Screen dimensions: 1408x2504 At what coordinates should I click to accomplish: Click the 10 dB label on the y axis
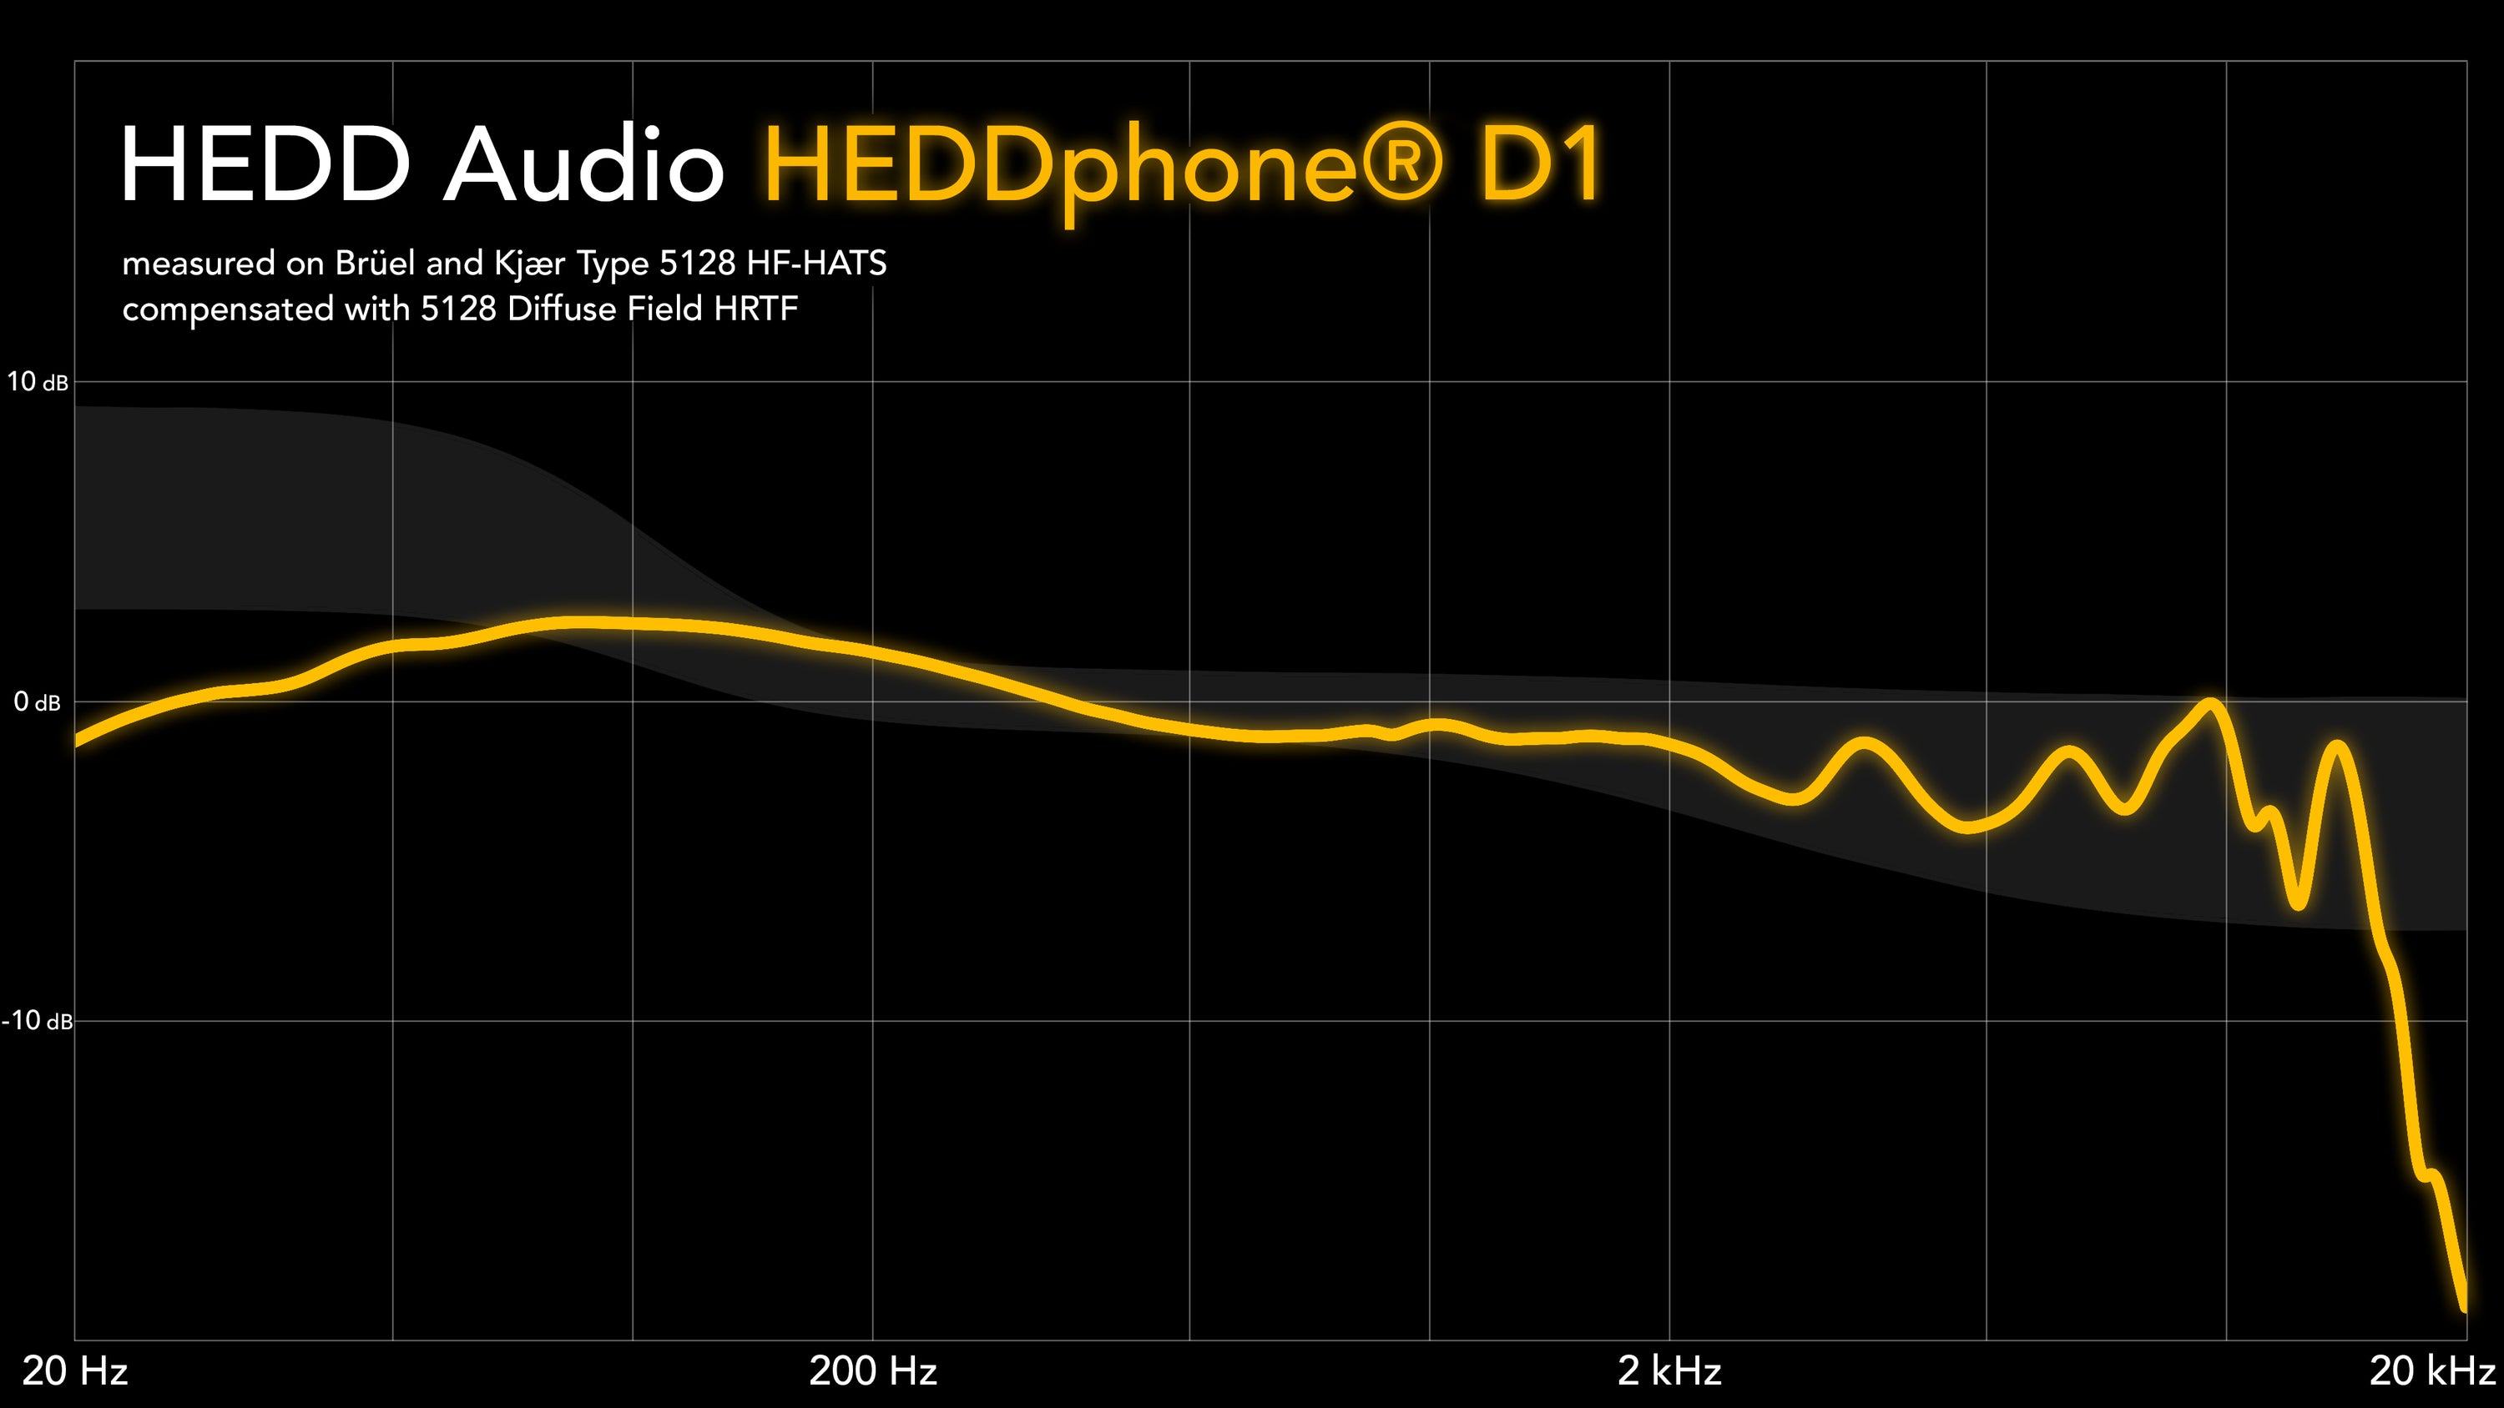(37, 382)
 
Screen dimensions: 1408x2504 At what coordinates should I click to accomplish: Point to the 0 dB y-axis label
(37, 701)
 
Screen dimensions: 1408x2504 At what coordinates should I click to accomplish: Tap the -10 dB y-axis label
(37, 1020)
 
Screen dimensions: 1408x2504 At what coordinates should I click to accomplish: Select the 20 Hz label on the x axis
(75, 1371)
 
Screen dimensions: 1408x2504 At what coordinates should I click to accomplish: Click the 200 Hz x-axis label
(872, 1371)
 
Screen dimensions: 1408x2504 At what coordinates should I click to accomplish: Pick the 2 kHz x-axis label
(1669, 1371)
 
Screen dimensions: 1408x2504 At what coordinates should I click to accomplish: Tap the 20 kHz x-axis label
(2431, 1371)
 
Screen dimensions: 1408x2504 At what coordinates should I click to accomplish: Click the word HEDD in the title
(265, 164)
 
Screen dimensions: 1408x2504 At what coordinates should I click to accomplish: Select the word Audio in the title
(583, 164)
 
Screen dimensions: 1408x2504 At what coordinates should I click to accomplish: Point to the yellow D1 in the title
(1540, 164)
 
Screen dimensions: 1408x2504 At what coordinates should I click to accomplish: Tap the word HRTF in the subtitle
(755, 309)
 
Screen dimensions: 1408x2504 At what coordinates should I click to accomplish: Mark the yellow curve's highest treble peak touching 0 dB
(2210, 703)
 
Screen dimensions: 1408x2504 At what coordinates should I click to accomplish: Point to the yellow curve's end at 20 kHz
(2463, 1307)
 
